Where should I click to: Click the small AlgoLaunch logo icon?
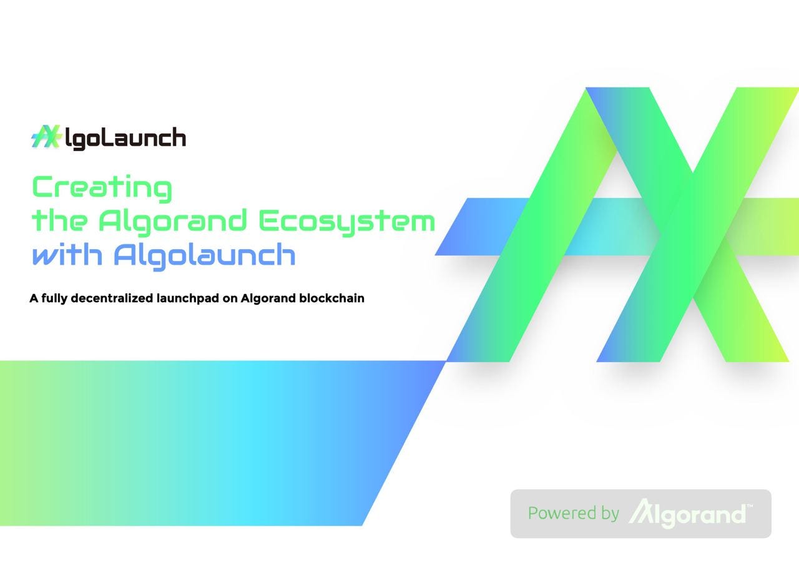pos(46,137)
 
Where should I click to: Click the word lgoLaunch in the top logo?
pos(125,139)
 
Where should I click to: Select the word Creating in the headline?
pos(102,188)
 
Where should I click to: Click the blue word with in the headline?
pos(67,255)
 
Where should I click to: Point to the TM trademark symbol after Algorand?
pos(750,506)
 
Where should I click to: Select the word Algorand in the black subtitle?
pos(268,298)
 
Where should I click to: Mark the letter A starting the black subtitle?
pos(34,298)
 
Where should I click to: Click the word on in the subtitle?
pos(230,298)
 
